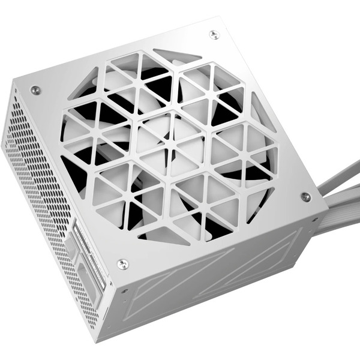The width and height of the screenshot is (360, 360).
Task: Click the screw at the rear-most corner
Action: (214, 34)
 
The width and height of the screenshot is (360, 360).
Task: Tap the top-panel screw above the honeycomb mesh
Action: (35, 90)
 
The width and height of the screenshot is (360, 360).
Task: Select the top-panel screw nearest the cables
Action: (305, 197)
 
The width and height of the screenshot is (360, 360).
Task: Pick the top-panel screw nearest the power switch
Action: (122, 263)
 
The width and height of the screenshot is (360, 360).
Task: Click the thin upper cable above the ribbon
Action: (342, 180)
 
